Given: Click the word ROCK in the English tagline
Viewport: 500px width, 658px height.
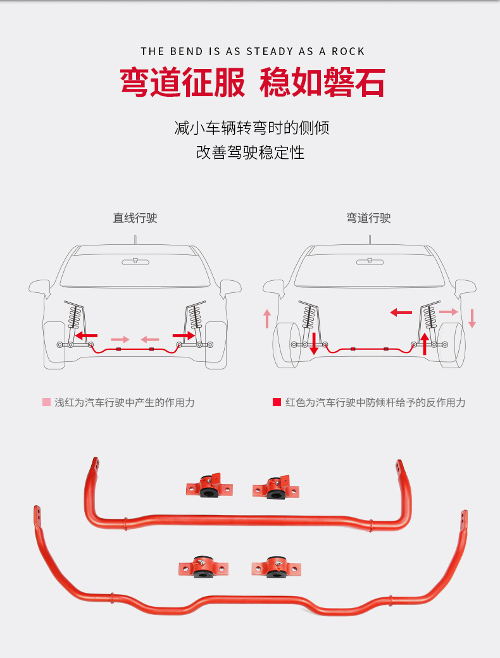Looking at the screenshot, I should (348, 51).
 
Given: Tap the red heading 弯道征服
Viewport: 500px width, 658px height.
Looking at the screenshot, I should (183, 83).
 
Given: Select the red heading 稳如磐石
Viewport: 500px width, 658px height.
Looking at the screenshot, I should (322, 83).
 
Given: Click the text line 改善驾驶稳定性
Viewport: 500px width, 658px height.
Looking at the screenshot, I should (250, 152).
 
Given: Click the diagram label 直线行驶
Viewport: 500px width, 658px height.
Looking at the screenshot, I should (135, 218).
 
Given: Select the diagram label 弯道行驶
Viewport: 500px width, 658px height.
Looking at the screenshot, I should (368, 218).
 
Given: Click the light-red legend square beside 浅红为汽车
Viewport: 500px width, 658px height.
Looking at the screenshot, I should (46, 402).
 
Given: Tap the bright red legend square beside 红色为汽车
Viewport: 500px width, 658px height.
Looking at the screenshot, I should (277, 402).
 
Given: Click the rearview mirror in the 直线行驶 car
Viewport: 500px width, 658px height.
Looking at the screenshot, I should (135, 261).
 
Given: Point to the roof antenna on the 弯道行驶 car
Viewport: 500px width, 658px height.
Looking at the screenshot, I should (370, 240).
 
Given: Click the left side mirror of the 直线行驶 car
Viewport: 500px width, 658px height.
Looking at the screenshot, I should (40, 287).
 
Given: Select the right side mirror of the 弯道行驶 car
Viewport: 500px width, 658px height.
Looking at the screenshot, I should (465, 287).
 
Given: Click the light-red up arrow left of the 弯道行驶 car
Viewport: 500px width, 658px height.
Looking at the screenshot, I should (267, 318).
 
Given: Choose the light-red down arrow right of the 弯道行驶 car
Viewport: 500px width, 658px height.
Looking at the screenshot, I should (472, 318).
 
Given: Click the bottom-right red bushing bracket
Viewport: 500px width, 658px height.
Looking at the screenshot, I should (276, 566).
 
